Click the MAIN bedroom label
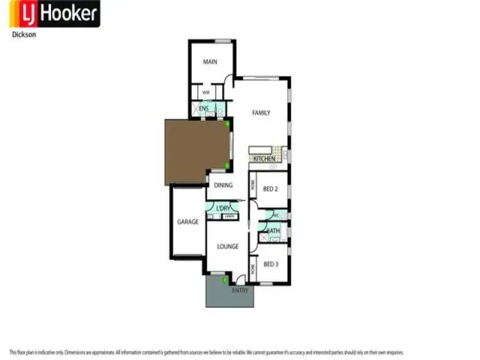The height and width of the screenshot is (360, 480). tap(210, 62)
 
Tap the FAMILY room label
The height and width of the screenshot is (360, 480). tap(260, 113)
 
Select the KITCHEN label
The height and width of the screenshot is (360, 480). tap(264, 158)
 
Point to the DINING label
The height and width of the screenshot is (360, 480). tap(223, 186)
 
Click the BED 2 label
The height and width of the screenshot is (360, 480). tap(270, 189)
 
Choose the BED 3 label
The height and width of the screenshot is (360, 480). tap(270, 264)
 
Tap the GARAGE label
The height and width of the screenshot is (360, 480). tap(188, 222)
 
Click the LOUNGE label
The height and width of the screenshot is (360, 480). tap(227, 246)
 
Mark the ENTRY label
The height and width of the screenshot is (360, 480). tap(239, 290)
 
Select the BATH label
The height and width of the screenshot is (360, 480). tap(273, 231)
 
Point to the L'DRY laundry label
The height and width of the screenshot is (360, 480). tap(223, 208)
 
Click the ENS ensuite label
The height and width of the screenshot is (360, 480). tap(204, 109)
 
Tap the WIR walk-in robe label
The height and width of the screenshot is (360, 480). tap(206, 93)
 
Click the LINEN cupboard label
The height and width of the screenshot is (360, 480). tap(228, 217)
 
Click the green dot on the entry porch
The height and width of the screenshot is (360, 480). tap(224, 280)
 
